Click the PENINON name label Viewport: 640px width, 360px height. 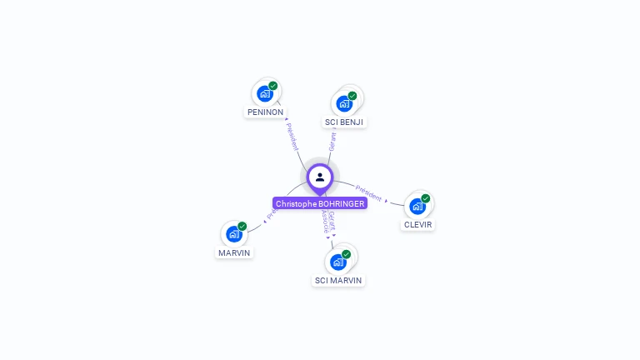[x=265, y=112]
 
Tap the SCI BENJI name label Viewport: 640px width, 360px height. [x=344, y=122]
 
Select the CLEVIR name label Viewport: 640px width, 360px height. [x=418, y=224]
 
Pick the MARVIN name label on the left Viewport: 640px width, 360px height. [x=234, y=252]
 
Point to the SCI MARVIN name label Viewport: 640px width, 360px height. [x=338, y=280]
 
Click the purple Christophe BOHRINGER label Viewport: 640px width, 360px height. [x=320, y=203]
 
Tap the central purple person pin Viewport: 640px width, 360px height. [x=320, y=177]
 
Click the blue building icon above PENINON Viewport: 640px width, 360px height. [x=265, y=93]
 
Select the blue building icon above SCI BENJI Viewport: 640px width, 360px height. [x=343, y=103]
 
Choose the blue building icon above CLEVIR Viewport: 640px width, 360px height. [x=417, y=206]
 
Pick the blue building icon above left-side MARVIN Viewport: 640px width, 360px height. [x=234, y=234]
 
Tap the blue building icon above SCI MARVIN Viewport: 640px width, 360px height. [x=337, y=262]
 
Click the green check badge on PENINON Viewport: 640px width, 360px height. [x=273, y=86]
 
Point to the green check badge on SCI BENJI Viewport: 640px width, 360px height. [x=352, y=96]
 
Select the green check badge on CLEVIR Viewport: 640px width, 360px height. [x=426, y=198]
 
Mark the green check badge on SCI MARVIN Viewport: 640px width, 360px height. [x=347, y=254]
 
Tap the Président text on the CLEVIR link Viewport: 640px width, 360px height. [x=368, y=192]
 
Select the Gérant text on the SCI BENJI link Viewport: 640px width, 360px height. [x=332, y=141]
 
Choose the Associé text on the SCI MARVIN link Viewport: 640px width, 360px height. [x=326, y=222]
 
